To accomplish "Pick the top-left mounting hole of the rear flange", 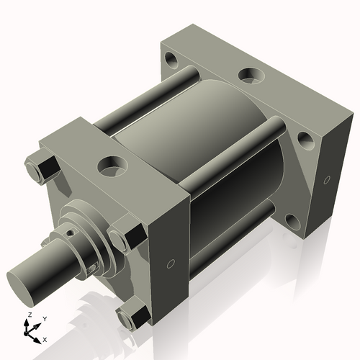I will (x=170, y=58).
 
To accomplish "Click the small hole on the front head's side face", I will (x=170, y=264).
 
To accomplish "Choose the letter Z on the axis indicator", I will (x=29, y=315).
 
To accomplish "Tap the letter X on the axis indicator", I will (x=45, y=338).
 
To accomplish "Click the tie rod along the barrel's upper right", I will (x=238, y=154).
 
